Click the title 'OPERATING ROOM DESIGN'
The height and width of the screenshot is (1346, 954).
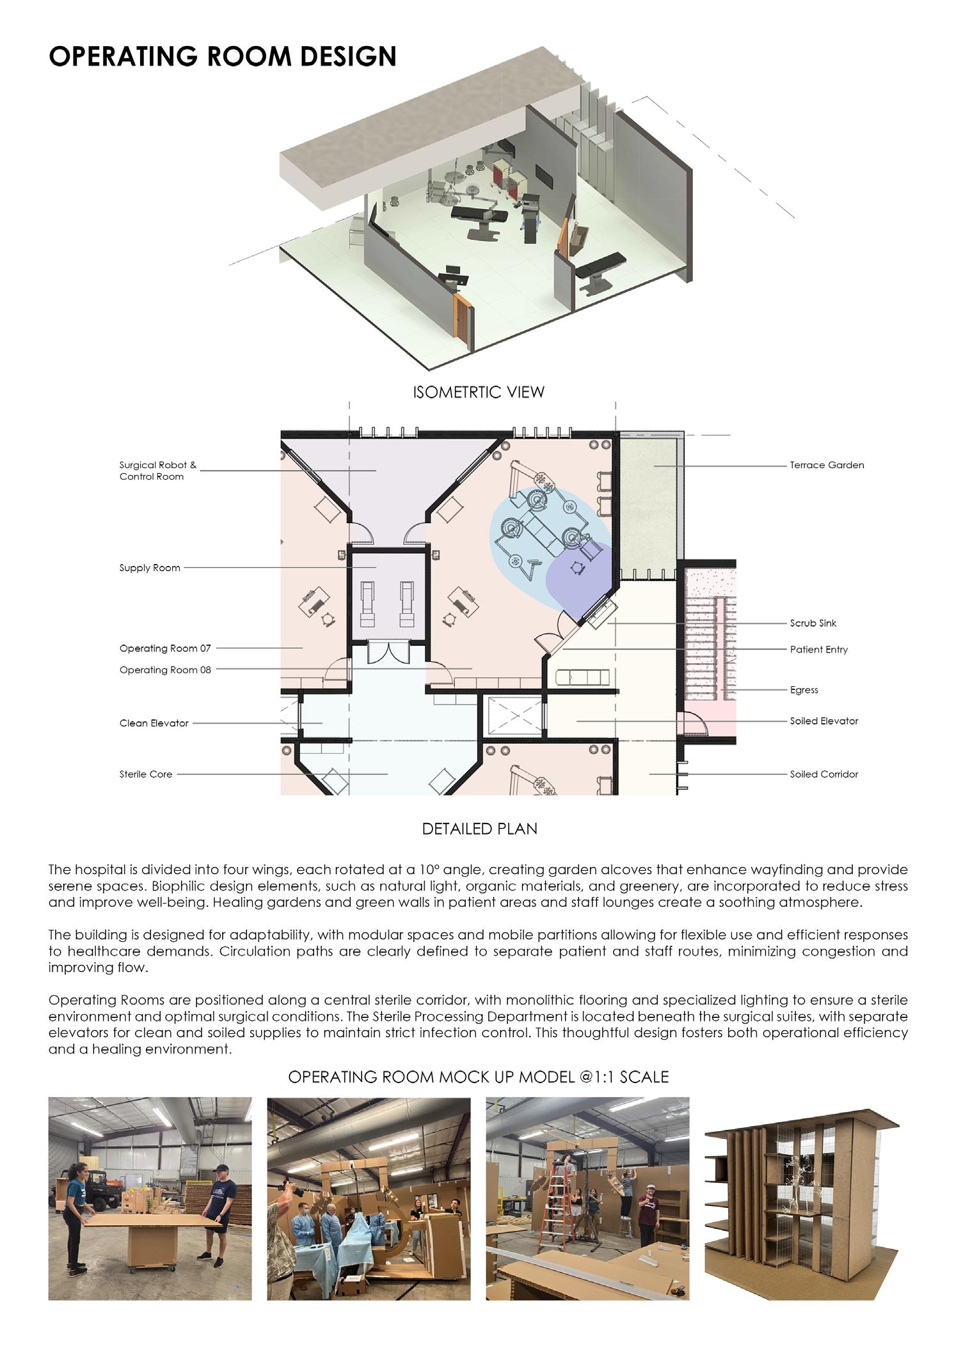click(x=222, y=56)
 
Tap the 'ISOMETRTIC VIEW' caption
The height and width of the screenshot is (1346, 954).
click(x=479, y=392)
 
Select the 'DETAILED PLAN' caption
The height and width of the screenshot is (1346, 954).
click(x=479, y=829)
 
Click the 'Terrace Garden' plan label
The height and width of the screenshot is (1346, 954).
click(x=827, y=465)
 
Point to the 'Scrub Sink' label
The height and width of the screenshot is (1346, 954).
click(x=813, y=623)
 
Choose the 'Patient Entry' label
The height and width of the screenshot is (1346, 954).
click(x=818, y=650)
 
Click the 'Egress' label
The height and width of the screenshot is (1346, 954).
click(x=804, y=690)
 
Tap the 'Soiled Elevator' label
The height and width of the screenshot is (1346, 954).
click(x=823, y=721)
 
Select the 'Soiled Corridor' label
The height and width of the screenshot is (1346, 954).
click(x=823, y=774)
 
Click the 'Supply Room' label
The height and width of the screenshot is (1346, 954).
click(x=150, y=568)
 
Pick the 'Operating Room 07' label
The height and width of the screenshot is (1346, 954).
click(x=165, y=648)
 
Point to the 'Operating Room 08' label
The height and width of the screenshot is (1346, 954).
click(x=165, y=670)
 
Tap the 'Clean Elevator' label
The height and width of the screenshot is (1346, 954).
click(x=154, y=723)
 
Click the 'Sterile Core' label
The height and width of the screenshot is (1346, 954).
click(x=146, y=774)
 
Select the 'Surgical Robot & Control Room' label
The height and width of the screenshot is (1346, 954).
click(x=157, y=471)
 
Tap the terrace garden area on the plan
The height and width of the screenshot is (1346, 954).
click(x=647, y=505)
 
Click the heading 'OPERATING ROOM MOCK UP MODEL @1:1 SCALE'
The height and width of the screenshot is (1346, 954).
click(x=478, y=1077)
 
